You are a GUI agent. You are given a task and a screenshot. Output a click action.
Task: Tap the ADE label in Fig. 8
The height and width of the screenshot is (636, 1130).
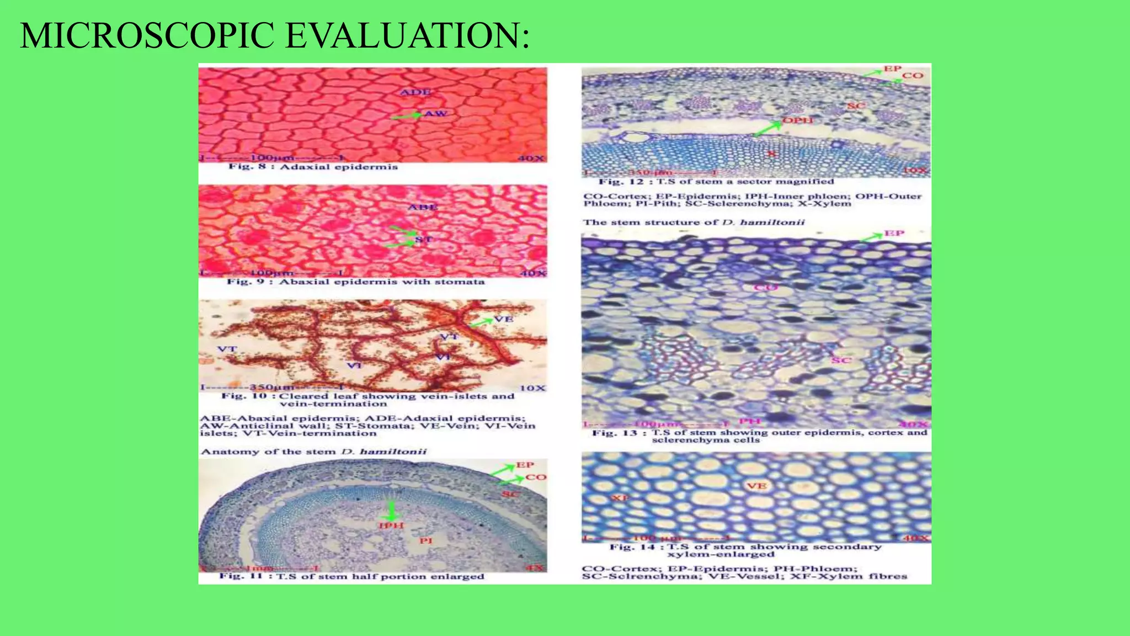click(x=415, y=92)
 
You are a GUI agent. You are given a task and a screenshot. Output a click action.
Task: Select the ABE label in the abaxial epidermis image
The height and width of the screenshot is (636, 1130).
click(x=423, y=207)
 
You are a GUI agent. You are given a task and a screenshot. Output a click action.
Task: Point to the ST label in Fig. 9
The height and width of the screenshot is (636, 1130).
click(x=424, y=239)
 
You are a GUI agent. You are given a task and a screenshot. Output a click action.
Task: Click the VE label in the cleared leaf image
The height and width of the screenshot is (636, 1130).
click(x=503, y=319)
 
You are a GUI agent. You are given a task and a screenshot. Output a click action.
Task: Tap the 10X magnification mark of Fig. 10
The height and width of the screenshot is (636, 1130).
click(x=532, y=388)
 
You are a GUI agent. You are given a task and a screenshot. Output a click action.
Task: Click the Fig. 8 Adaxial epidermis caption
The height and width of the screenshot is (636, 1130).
click(x=313, y=167)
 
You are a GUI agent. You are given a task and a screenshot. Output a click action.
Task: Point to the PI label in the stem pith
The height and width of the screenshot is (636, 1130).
click(x=425, y=540)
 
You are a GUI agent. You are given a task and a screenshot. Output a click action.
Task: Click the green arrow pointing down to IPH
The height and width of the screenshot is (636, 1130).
click(x=392, y=510)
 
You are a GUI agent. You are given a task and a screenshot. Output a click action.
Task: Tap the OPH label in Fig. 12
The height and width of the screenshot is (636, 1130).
click(x=798, y=120)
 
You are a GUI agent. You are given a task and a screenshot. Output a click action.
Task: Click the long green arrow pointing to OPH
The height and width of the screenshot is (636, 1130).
click(x=768, y=129)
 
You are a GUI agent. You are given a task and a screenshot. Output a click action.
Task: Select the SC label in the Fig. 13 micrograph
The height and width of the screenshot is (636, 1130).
click(x=841, y=361)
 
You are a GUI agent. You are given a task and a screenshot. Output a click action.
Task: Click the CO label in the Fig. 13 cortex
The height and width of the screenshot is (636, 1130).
click(x=765, y=287)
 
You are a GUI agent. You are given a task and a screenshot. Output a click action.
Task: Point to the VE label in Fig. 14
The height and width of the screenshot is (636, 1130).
click(x=756, y=486)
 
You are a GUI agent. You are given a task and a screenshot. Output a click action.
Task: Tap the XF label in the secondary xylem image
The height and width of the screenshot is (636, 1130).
click(x=620, y=498)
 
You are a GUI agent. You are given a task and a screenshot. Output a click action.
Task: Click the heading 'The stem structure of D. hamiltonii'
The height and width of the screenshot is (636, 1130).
click(x=694, y=222)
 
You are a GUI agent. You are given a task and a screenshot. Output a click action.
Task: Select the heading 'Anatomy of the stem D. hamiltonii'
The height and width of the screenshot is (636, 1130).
click(x=313, y=452)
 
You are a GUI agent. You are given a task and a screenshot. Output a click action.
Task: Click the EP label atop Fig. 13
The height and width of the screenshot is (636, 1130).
click(x=894, y=234)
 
